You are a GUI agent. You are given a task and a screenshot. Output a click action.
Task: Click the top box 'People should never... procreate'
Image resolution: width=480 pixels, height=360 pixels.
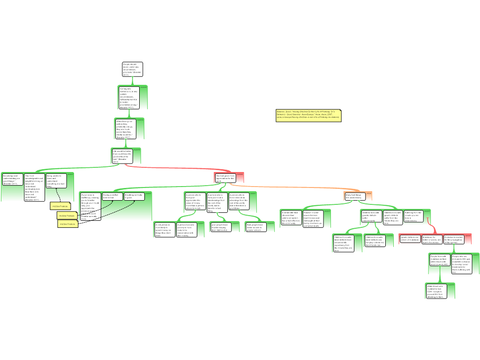tap(132, 69)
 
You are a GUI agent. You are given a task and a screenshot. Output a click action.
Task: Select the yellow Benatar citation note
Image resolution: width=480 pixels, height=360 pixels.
tap(308, 116)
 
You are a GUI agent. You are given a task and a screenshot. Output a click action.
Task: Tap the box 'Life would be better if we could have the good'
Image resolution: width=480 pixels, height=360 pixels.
tap(120, 156)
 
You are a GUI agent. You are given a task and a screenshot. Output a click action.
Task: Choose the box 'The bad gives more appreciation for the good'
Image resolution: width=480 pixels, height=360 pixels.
tap(225, 178)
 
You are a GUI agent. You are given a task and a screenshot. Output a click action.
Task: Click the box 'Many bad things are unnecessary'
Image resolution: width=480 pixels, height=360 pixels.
tap(355, 196)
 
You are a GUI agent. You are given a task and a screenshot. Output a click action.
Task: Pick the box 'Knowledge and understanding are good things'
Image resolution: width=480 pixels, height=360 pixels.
tap(11, 180)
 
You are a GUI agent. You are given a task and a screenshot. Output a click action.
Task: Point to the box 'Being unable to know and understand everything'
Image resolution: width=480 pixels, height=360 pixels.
tap(55, 181)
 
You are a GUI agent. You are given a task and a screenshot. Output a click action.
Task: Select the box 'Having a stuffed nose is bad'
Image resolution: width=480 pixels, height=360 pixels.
tap(111, 196)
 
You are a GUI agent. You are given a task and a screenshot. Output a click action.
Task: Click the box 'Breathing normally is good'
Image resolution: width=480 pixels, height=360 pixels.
tap(134, 196)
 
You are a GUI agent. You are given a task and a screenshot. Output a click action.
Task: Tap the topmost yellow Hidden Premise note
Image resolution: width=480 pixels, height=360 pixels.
tap(60, 206)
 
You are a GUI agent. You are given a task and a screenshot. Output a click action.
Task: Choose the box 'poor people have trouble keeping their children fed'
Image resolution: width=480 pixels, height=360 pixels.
tap(219, 227)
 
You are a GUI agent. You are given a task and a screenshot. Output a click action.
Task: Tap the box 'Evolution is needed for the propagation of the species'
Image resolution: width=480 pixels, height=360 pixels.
tap(454, 239)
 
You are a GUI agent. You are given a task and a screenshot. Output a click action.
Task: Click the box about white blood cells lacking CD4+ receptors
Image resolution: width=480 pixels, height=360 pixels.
tap(434, 291)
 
